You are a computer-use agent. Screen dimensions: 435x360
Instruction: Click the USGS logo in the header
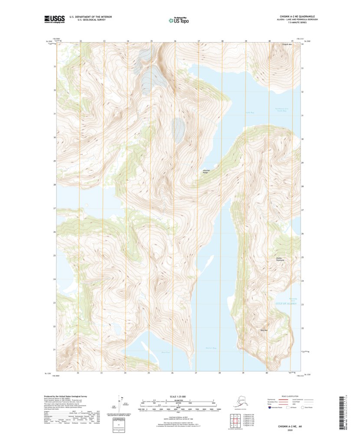pos(54,19)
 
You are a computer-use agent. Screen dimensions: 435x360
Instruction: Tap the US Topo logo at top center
pos(178,20)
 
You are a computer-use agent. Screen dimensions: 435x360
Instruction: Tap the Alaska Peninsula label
pos(279,259)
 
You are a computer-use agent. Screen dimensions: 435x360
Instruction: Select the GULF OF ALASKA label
pos(286,303)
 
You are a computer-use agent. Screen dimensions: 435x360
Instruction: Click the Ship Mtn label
pos(264,330)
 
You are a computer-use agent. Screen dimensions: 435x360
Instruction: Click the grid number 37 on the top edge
pos(199,41)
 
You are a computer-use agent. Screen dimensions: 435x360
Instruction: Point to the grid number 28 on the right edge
pos(302,186)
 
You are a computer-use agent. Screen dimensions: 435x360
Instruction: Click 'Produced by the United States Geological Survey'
pos(66,396)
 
